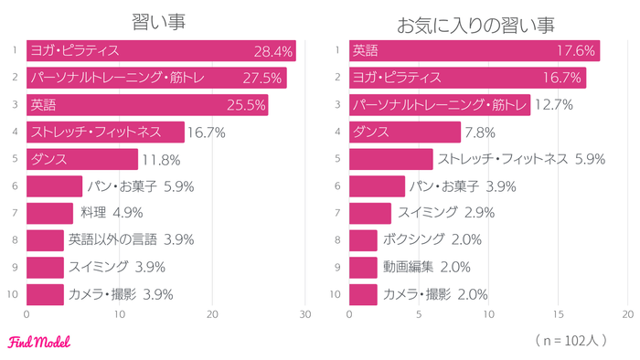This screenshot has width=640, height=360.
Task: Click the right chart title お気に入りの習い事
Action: [x=475, y=21]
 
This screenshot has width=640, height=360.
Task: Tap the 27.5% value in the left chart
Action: [x=264, y=79]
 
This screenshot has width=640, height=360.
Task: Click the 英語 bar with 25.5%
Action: [x=146, y=105]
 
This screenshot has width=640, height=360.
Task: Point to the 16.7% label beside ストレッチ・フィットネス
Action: [x=207, y=132]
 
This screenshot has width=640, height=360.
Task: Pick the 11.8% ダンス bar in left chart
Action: [x=82, y=159]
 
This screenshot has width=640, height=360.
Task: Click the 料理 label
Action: [x=92, y=214]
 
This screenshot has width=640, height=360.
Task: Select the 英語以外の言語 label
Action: [x=113, y=240]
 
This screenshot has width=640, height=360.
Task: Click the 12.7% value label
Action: [x=552, y=105]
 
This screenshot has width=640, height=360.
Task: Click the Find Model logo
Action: [x=38, y=343]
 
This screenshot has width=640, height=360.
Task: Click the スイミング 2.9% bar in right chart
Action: [x=369, y=214]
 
